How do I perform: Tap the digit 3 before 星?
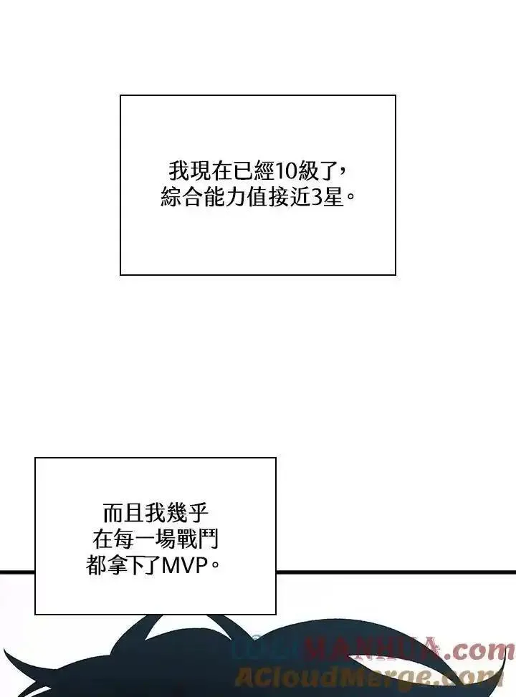[x=318, y=197]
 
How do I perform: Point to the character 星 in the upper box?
[x=334, y=197]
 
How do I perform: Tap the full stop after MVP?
[x=216, y=568]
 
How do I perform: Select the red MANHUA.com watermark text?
[x=405, y=650]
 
